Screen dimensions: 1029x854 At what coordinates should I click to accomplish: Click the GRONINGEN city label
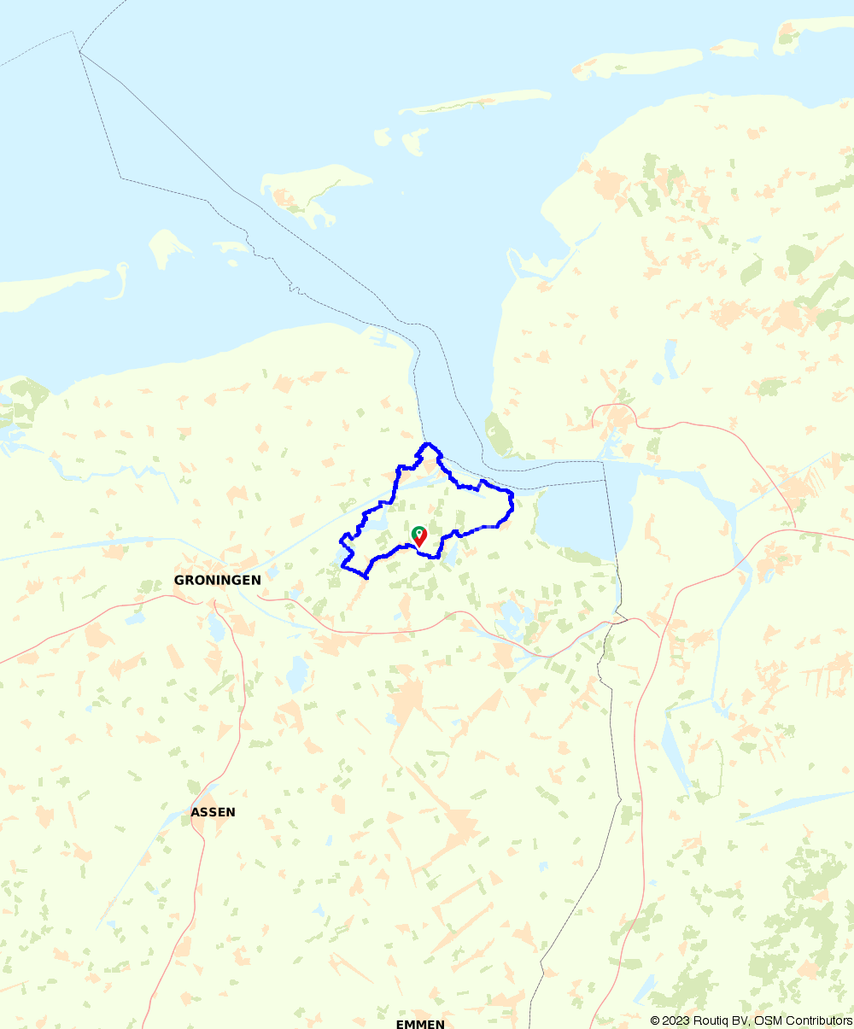pos(217,580)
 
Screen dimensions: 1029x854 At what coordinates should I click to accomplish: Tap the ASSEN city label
pos(213,812)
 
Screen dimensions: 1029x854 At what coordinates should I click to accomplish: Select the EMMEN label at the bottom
pos(420,1024)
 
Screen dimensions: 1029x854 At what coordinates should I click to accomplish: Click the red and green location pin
pos(419,535)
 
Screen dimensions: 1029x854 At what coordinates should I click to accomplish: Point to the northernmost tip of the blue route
pos(428,444)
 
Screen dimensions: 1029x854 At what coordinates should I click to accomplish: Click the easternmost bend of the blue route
pos(512,504)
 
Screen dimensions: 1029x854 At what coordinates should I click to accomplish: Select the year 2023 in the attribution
pos(673,1020)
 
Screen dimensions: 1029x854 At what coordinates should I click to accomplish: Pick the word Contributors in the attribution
pos(820,1020)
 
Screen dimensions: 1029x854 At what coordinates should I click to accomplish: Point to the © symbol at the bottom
pos(654,1020)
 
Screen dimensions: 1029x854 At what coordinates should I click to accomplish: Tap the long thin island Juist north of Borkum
pos(474,102)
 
